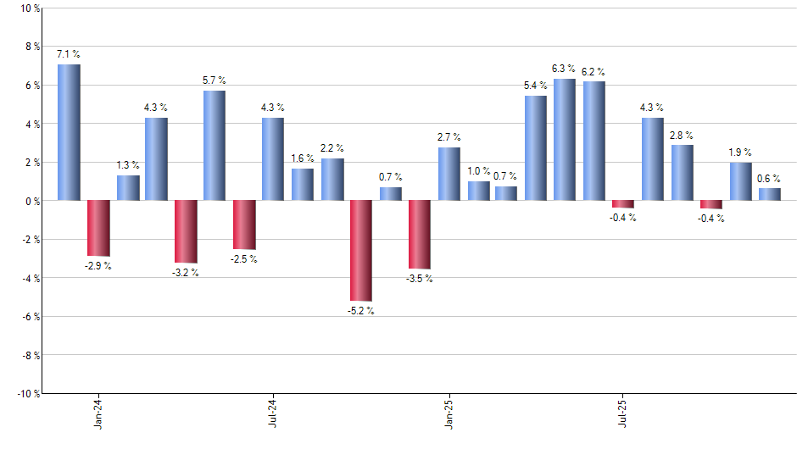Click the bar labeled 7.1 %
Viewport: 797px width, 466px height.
(69, 132)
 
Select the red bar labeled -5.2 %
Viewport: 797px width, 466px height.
(360, 250)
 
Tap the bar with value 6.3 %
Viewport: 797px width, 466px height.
(565, 140)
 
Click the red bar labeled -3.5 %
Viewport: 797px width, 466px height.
(419, 234)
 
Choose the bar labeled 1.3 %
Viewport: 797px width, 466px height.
(127, 187)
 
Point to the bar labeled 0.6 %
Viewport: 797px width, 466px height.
(769, 194)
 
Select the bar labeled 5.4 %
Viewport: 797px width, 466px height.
(536, 148)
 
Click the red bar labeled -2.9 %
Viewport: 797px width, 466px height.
(98, 228)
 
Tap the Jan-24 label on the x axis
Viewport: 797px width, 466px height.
(98, 412)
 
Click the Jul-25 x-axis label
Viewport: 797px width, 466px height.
(623, 412)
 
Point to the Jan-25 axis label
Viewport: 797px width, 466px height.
(449, 412)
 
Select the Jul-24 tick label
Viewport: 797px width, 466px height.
(273, 412)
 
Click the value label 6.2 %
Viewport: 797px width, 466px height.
(594, 71)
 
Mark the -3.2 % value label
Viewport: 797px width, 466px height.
(186, 272)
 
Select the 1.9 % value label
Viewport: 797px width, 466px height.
(740, 153)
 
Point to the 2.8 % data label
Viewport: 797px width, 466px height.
(682, 135)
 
